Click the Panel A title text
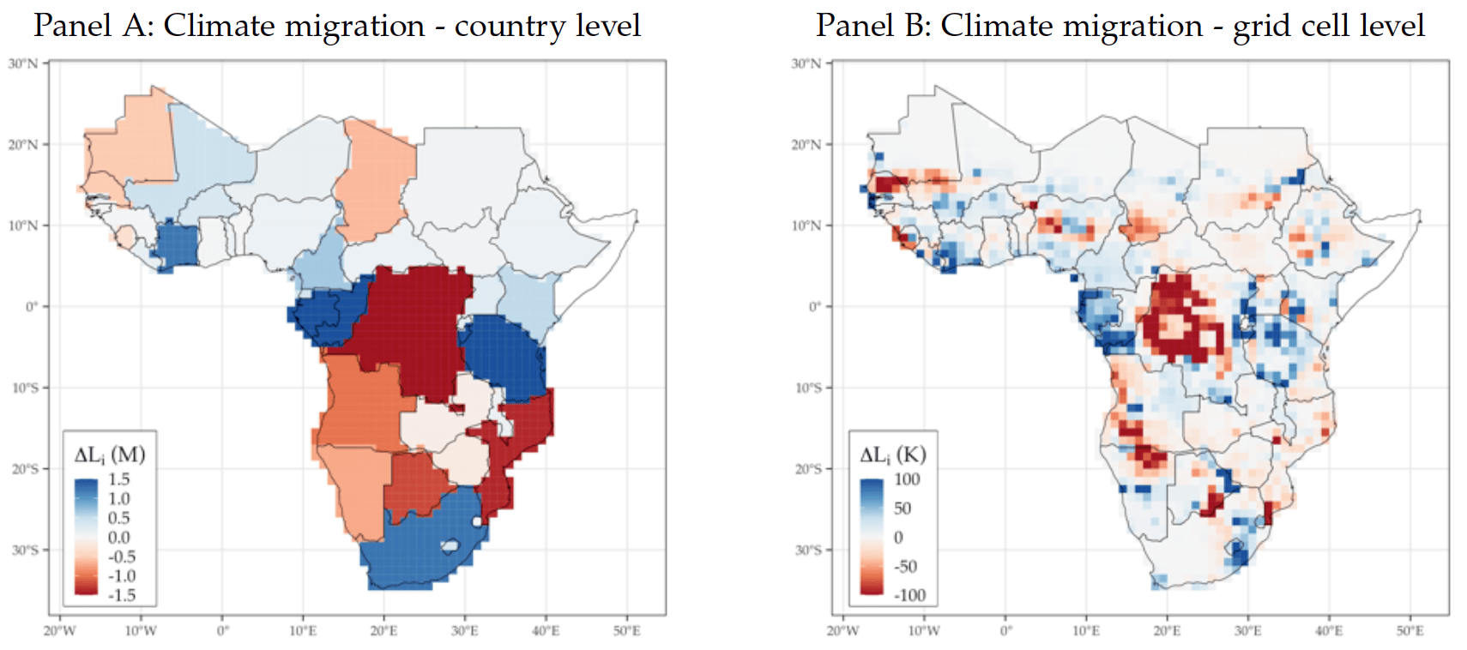(x=336, y=27)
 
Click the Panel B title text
(x=1120, y=27)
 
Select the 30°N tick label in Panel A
(x=23, y=63)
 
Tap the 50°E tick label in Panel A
(x=627, y=631)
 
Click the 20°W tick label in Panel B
(x=842, y=631)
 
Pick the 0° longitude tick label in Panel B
(x=1006, y=631)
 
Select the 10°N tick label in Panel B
(x=806, y=226)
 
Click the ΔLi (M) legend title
(x=109, y=454)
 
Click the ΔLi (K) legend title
(x=893, y=454)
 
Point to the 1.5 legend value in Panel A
(x=118, y=479)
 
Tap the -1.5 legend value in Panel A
(x=122, y=595)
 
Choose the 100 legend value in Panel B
(x=907, y=479)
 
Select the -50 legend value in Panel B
(x=905, y=566)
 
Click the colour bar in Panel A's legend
(x=87, y=537)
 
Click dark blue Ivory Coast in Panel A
(x=177, y=245)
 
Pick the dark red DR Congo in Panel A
(x=413, y=328)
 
